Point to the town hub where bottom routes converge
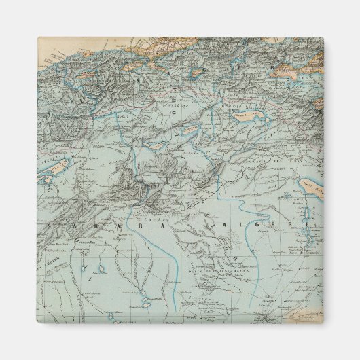pyautogui.click(x=266, y=304)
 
